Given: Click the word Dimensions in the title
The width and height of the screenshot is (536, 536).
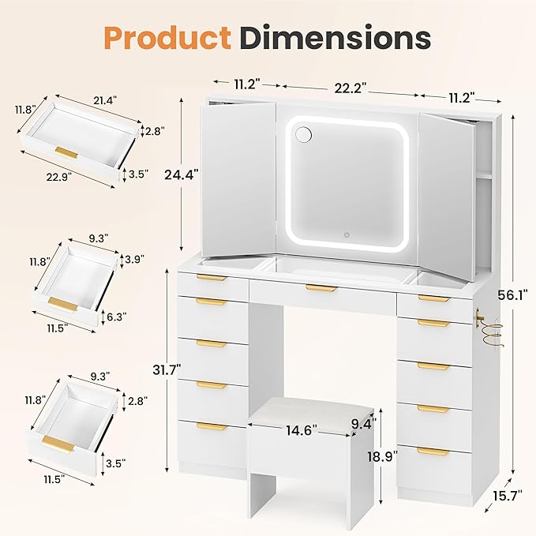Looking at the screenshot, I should pyautogui.click(x=335, y=37).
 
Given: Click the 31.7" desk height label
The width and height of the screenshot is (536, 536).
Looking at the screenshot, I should pyautogui.click(x=167, y=369).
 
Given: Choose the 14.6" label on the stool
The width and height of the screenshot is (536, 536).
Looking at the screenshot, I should pyautogui.click(x=302, y=430).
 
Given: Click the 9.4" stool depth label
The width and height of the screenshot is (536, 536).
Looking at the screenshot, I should pyautogui.click(x=363, y=423).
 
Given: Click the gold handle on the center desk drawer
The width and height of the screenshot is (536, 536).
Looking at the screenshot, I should pyautogui.click(x=321, y=288).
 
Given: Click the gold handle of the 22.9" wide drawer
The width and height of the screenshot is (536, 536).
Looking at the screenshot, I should pyautogui.click(x=66, y=151).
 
